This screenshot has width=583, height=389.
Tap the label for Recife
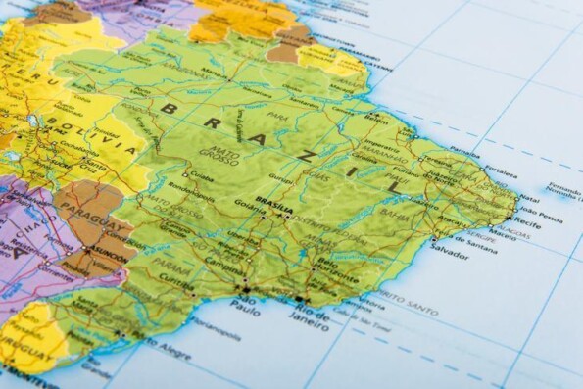pyautogui.click(x=528, y=222)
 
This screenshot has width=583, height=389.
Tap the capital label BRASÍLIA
pyautogui.click(x=273, y=207)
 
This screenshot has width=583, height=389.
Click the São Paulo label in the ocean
pyautogui.click(x=245, y=305)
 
